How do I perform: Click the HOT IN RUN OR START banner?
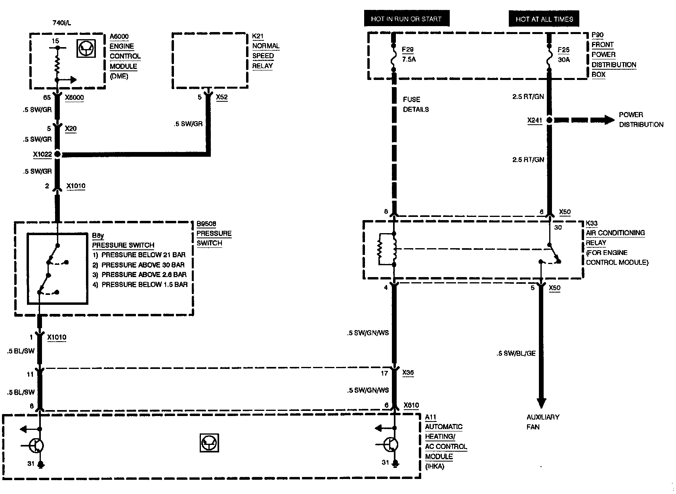[x=406, y=19]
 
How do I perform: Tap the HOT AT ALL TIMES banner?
[x=544, y=19]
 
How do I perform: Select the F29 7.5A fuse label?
[x=408, y=55]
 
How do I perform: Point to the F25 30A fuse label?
[x=563, y=55]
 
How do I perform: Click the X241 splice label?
[x=535, y=120]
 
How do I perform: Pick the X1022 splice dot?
[x=57, y=154]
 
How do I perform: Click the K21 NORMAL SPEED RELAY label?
[x=265, y=51]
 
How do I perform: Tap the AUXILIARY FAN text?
[x=542, y=422]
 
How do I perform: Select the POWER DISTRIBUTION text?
[x=640, y=120]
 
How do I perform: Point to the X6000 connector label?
[x=74, y=97]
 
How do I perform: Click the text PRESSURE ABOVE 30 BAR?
[x=143, y=265]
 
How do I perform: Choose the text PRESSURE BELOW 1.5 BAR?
[x=144, y=285]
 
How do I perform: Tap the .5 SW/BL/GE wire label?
[x=516, y=353]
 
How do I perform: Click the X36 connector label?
[x=408, y=373]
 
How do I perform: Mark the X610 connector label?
[x=411, y=405]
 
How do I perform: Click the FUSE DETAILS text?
[x=416, y=104]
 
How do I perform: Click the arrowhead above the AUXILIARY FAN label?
[x=541, y=402]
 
